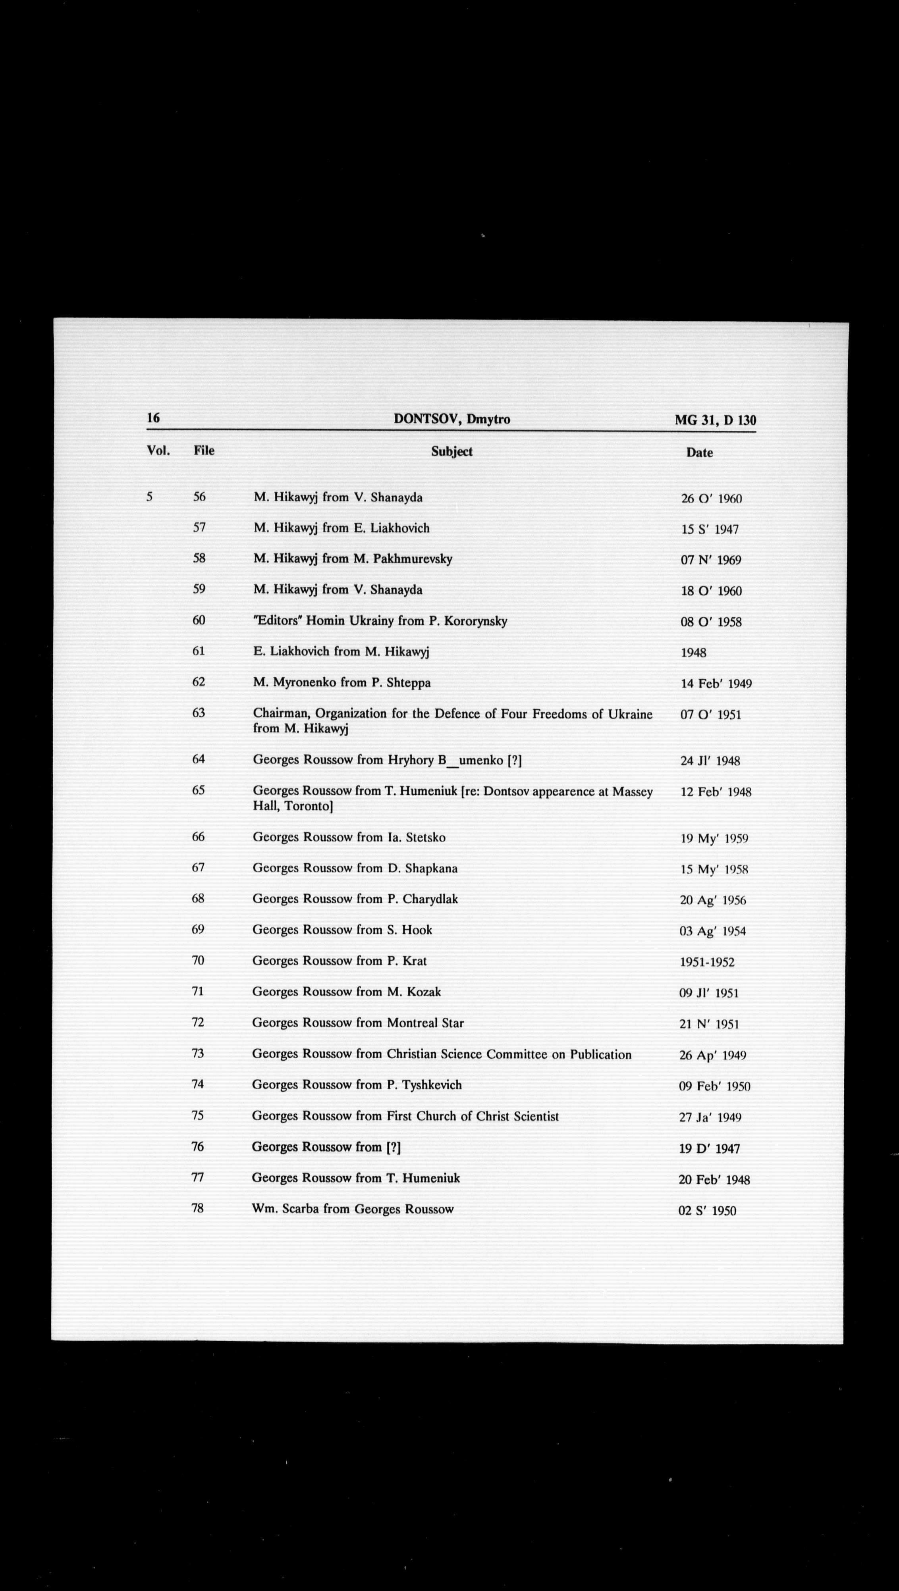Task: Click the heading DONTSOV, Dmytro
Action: pyautogui.click(x=451, y=419)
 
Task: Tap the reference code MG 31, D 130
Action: pyautogui.click(x=715, y=421)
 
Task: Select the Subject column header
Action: pyautogui.click(x=451, y=451)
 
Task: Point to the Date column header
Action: pyautogui.click(x=699, y=453)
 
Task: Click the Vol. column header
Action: pyautogui.click(x=158, y=450)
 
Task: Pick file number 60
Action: pyautogui.click(x=198, y=620)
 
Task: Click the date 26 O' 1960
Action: pyautogui.click(x=711, y=499)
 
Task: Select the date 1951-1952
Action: pyautogui.click(x=707, y=962)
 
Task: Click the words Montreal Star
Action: pyautogui.click(x=425, y=1023)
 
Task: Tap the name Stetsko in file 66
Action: pyautogui.click(x=425, y=838)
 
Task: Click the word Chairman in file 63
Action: pyautogui.click(x=280, y=713)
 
